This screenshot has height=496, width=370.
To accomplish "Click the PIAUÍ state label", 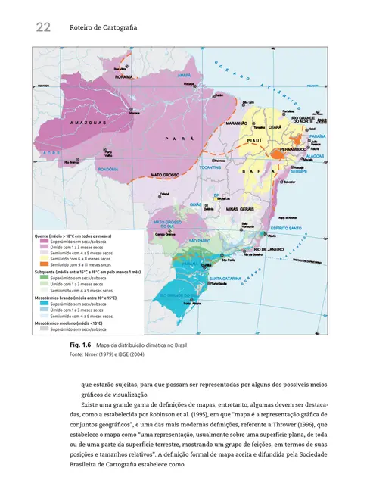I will click(254, 140).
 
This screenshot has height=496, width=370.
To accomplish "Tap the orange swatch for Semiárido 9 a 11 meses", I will click(45, 264).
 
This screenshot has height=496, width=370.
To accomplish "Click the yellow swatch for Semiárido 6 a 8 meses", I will click(45, 258).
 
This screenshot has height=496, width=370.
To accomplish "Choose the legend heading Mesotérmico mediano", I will click(72, 324).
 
